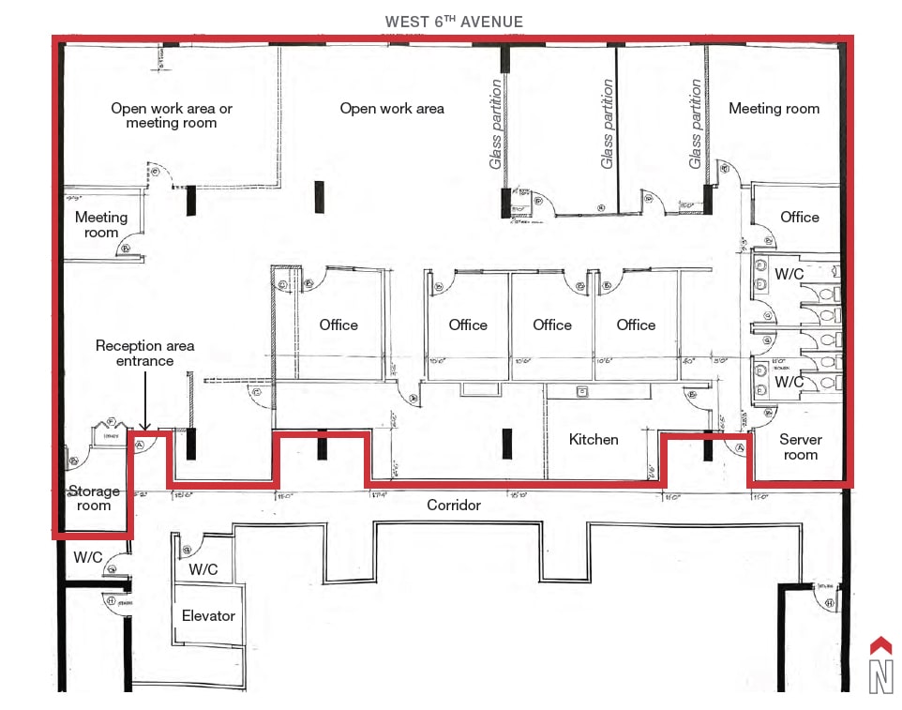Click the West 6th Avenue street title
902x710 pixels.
pos(454,22)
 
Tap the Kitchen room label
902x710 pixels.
pos(594,439)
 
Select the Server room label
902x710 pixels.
pos(800,446)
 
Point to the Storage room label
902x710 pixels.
pos(94,498)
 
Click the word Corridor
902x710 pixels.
pos(454,505)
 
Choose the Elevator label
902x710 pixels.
pos(208,615)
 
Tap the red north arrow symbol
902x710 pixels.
pos(880,645)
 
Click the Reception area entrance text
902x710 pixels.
pos(145,353)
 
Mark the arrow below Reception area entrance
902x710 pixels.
pos(145,399)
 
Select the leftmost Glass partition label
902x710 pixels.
pos(496,124)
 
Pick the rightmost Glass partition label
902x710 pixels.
pos(696,124)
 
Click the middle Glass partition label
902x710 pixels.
pos(608,124)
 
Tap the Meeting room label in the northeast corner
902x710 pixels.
pos(774,109)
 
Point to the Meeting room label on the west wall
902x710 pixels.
pos(101,224)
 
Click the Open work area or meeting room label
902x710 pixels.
pos(172,115)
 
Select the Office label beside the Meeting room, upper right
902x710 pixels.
pos(799,217)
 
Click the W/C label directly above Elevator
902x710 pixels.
pos(203,569)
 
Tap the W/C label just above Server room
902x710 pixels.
pos(789,382)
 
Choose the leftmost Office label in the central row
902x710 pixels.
pos(338,325)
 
